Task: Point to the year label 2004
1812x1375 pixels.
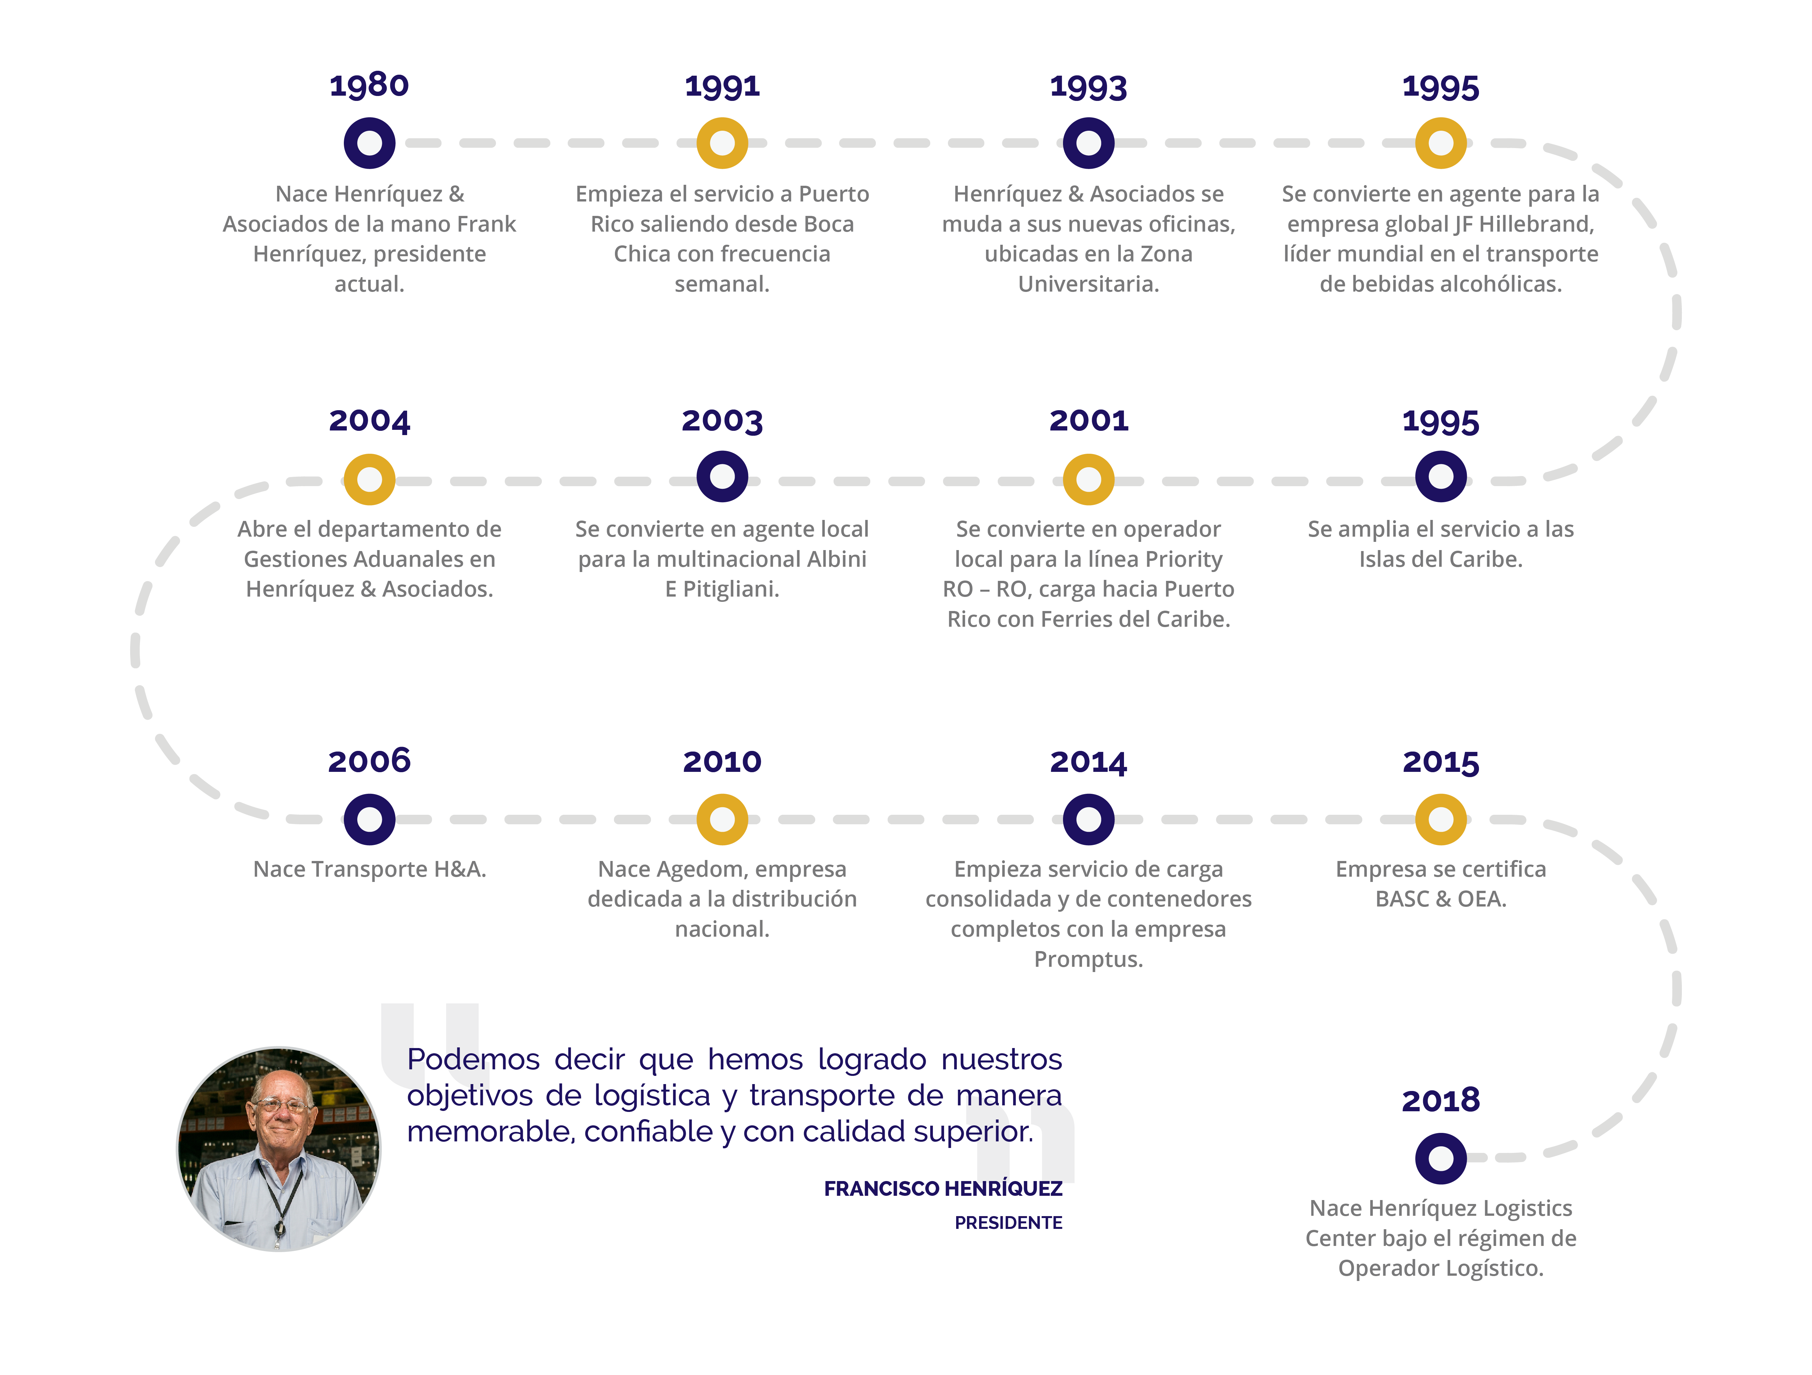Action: (x=369, y=421)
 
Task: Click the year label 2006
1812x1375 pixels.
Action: (x=369, y=761)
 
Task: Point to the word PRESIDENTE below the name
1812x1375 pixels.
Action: (x=1008, y=1223)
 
